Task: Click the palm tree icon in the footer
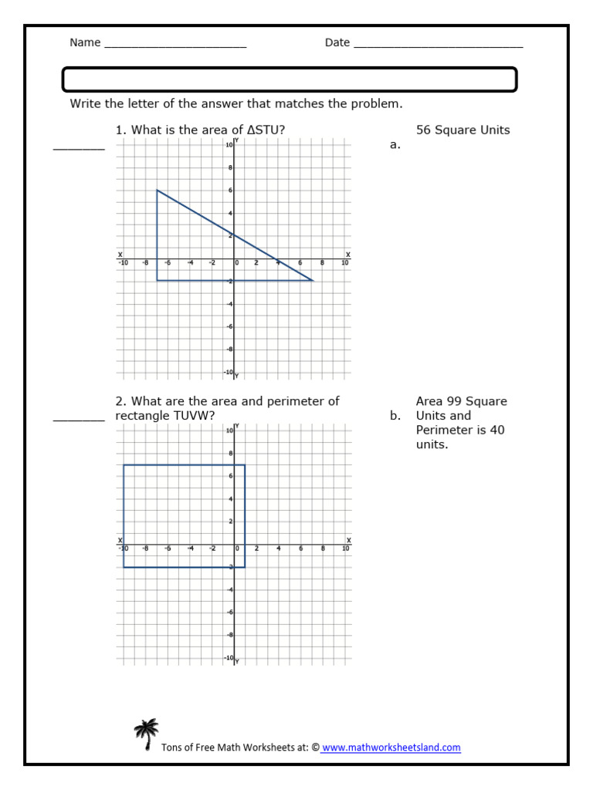coord(145,734)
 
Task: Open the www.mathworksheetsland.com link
coord(391,748)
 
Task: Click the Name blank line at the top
coord(175,44)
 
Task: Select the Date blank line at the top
coord(438,44)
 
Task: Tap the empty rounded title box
coord(289,79)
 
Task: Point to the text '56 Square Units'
coord(463,130)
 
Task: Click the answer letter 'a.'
coord(395,144)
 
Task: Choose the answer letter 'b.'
coord(395,416)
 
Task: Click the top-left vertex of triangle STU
coord(158,190)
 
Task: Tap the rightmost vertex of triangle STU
coord(313,281)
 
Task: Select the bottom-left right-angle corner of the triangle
coord(158,281)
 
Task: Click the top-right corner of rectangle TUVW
coord(246,465)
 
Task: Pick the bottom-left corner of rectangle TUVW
coord(124,567)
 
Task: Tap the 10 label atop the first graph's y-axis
coord(229,145)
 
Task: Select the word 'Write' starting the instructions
coord(86,104)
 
